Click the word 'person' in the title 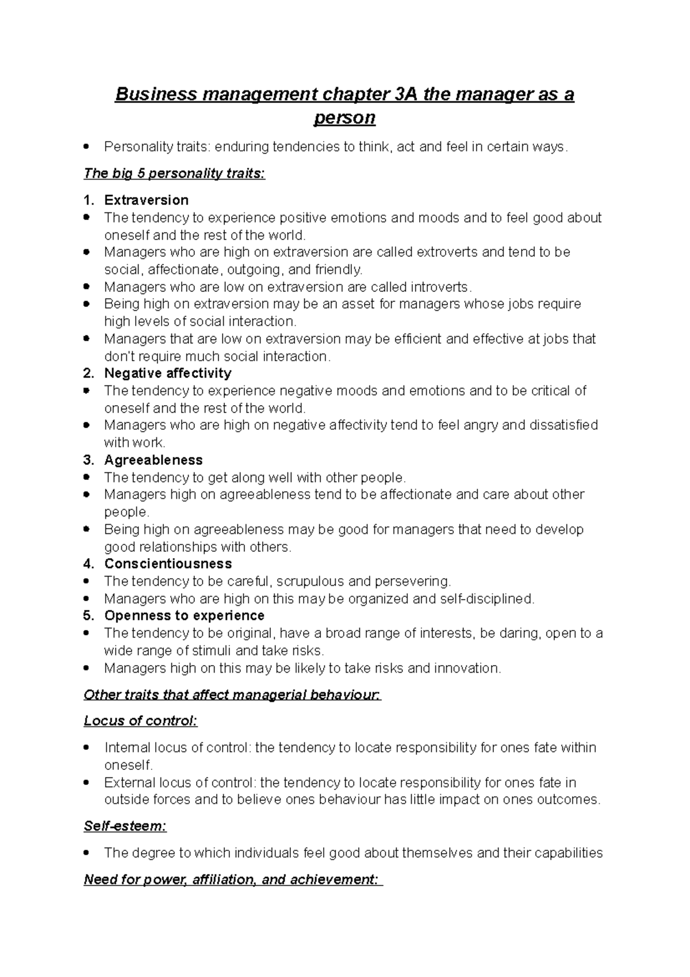[x=344, y=118]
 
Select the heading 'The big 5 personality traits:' [x=174, y=174]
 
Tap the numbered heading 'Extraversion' [x=146, y=200]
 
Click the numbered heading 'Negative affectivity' [x=167, y=373]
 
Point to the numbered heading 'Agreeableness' [x=153, y=460]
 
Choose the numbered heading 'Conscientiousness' [x=168, y=564]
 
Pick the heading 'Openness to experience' [x=184, y=616]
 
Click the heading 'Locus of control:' [x=140, y=721]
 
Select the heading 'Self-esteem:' [x=125, y=826]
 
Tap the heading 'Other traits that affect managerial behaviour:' [x=232, y=695]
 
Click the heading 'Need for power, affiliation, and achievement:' [x=232, y=880]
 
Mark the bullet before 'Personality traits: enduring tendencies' [x=86, y=147]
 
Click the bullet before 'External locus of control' [x=86, y=783]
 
